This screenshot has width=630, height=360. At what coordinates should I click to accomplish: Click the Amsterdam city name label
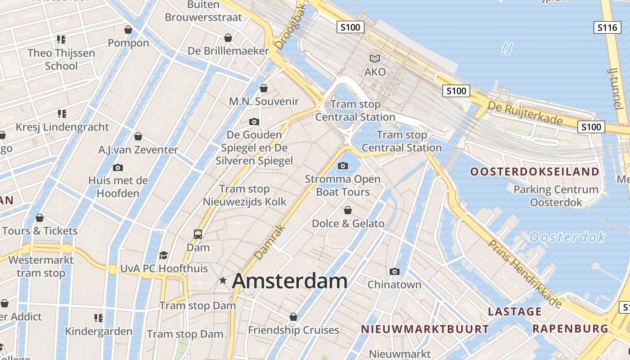[290, 281]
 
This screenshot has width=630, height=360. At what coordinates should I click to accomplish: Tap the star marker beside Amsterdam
[223, 281]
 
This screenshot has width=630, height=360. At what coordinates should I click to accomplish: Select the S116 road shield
[607, 27]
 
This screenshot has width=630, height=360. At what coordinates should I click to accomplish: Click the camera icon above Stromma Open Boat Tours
[343, 166]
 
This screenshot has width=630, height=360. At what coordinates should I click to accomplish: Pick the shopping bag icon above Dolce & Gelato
[348, 210]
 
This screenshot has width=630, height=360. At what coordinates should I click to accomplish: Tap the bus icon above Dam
[198, 234]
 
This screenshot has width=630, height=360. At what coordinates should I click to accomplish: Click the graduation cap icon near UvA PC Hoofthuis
[163, 256]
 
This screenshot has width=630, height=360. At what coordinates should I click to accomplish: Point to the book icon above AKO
[375, 58]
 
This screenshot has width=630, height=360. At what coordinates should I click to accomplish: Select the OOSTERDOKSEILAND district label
[535, 171]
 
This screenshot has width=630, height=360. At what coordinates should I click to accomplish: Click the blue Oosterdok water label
[567, 237]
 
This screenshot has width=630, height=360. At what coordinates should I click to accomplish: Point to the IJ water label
[507, 48]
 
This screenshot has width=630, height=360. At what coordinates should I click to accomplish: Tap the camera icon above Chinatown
[395, 271]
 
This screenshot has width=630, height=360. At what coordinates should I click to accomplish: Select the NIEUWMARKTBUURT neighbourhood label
[425, 329]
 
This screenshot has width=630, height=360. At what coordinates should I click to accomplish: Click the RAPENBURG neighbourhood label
[570, 328]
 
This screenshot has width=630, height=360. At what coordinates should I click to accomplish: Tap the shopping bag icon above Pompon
[128, 30]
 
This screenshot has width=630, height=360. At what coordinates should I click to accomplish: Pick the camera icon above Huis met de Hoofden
[118, 167]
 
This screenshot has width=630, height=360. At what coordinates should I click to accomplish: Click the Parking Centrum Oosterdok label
[556, 196]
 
